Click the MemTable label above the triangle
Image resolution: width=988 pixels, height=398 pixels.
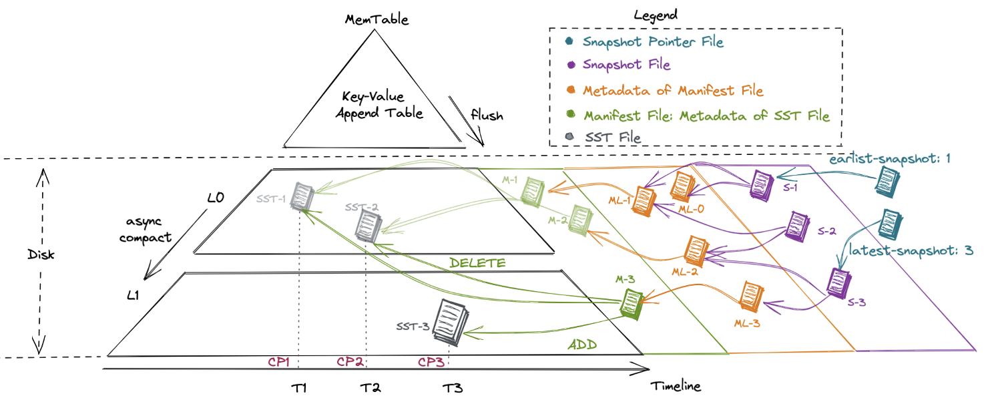[x=377, y=19]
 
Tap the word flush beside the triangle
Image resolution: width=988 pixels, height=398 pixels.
[x=487, y=116]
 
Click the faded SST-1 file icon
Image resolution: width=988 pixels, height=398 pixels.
[x=302, y=196]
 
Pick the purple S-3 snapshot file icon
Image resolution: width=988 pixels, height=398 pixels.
[x=836, y=282]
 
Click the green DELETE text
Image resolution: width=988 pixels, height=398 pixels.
[x=477, y=262]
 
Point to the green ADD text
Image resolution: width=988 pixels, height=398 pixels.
[x=581, y=345]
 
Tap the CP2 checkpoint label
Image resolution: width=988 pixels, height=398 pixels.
[x=350, y=362]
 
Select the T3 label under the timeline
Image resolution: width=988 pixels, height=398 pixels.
[x=452, y=388]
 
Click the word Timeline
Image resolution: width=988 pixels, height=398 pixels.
[x=676, y=385]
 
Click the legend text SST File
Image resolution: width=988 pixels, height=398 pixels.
[x=613, y=138]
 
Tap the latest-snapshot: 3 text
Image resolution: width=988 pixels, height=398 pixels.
[x=911, y=251]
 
